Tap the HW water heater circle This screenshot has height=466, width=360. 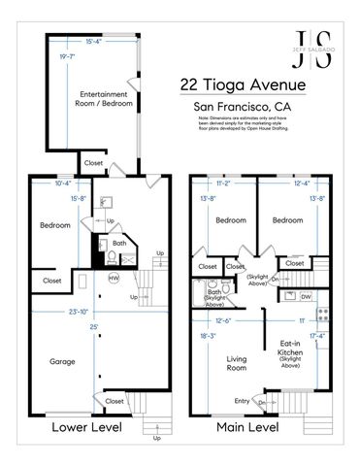114,278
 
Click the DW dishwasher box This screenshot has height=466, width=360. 306,296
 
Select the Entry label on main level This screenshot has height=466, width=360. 240,400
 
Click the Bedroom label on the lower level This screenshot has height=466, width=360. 54,225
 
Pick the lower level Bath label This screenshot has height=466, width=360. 118,244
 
